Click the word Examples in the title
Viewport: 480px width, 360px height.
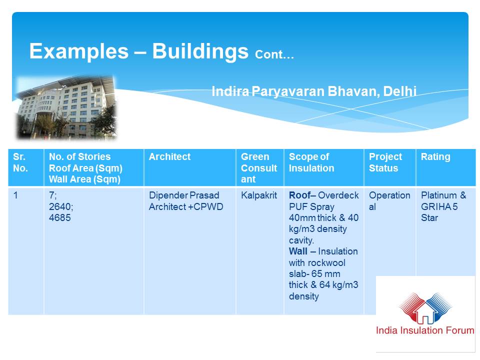pos(79,51)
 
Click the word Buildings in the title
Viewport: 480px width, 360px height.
pos(200,51)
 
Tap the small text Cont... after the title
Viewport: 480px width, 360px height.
pos(274,54)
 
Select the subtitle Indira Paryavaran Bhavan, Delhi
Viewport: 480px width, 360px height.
pos(314,91)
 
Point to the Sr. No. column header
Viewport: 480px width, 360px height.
pos(20,162)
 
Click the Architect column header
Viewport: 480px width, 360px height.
pos(169,156)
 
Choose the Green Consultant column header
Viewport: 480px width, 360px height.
pos(259,168)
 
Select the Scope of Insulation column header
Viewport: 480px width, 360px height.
pos(311,162)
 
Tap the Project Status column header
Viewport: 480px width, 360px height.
pos(385,162)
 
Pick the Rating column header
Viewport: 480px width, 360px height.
pos(435,156)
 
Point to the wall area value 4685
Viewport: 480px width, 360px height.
pos(60,217)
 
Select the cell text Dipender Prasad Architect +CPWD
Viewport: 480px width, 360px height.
pos(186,201)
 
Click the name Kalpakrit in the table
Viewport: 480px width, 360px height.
pos(259,195)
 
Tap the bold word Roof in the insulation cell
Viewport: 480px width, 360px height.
pos(299,195)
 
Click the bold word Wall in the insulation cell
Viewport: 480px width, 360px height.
pos(298,251)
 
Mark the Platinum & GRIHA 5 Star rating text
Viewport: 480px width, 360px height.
pos(443,206)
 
